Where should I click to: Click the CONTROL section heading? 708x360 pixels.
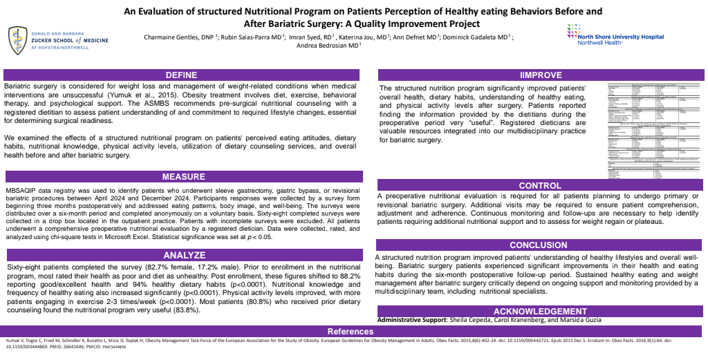pyautogui.click(x=540, y=185)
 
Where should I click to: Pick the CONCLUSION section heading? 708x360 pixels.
pyautogui.click(x=540, y=245)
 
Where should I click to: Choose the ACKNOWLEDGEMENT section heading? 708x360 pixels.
pyautogui.click(x=540, y=311)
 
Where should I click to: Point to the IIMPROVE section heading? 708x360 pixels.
pyautogui.click(x=540, y=75)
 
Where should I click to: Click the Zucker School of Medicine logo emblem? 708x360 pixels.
pyautogui.click(x=16, y=40)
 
